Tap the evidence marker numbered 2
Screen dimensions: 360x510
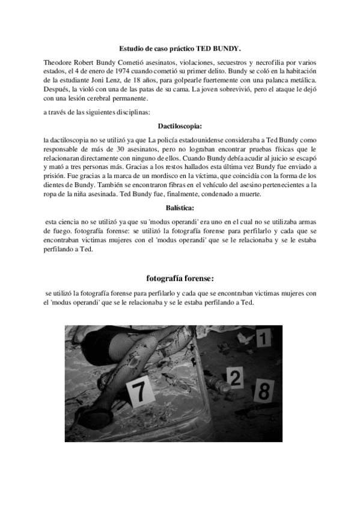(236, 378)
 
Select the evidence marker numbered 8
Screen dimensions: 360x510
(263, 390)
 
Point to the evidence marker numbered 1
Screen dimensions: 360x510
(261, 339)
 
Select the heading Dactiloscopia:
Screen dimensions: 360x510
(180, 127)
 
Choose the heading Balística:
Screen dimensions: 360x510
(180, 207)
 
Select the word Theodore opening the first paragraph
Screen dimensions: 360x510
(59, 63)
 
